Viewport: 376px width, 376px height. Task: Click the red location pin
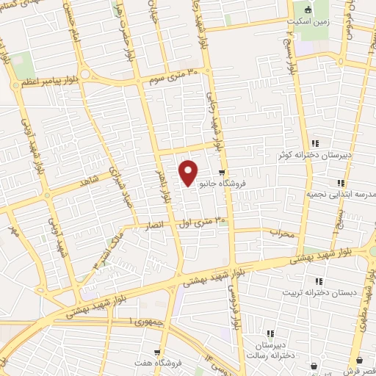[x=189, y=173]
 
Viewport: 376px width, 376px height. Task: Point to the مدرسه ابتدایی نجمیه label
[x=339, y=195]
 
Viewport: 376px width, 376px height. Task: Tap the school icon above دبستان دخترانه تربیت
[x=318, y=281]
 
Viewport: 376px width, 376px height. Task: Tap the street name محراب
[x=281, y=234]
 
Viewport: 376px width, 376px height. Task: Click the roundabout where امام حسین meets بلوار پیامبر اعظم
[x=85, y=74]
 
